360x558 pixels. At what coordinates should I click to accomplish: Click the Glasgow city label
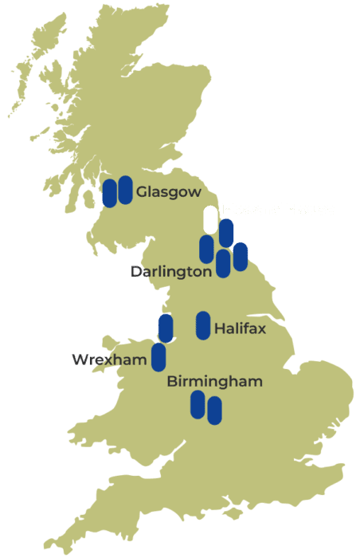168,192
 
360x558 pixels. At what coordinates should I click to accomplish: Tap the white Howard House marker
210,219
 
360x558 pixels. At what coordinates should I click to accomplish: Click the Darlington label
170,272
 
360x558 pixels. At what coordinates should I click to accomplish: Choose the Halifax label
240,328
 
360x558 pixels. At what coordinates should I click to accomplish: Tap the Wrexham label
109,360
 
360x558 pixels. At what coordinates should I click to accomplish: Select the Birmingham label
214,382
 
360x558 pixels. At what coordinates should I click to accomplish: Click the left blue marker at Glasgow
110,193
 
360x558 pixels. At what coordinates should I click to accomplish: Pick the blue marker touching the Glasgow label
125,190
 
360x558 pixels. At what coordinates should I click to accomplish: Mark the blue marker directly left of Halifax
203,325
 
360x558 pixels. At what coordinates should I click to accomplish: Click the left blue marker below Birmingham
198,404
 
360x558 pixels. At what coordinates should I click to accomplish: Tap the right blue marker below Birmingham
214,411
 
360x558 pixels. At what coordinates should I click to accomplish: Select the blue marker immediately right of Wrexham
158,357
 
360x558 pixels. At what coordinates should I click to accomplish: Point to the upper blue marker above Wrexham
165,328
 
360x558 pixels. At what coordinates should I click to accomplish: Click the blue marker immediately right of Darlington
223,263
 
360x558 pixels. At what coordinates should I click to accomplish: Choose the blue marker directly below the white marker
206,249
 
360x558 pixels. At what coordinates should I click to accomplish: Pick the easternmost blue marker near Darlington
241,256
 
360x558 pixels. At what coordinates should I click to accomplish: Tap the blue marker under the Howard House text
226,233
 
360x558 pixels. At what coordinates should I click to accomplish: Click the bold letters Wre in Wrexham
87,360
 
